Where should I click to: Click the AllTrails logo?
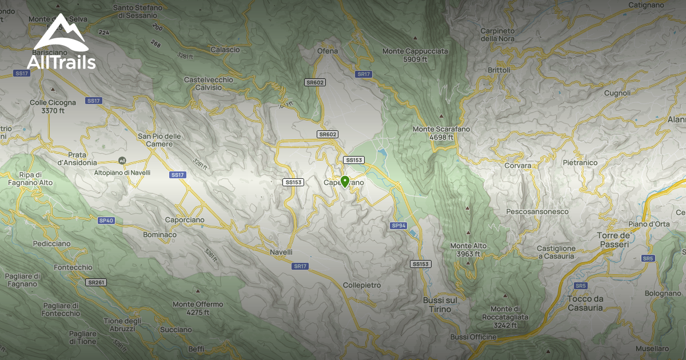coord(61,42)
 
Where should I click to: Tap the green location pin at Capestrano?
coord(345,182)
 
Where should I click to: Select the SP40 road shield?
coord(106,220)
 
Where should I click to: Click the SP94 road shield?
coord(398,226)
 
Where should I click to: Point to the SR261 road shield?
coord(97,282)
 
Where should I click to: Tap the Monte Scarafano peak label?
coord(441,133)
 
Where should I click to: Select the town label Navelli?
coord(281,252)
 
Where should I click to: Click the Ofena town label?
coord(328,51)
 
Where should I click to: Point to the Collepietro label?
coord(362,285)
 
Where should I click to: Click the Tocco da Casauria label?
coord(586,303)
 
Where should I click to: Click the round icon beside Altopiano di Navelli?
coord(121,161)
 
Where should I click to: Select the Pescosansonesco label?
coord(537,211)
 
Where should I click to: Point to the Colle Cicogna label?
coord(53,106)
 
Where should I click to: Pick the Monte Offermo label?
coord(198,308)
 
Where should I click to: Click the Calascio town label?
coord(225,50)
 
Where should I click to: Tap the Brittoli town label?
coord(499,70)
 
